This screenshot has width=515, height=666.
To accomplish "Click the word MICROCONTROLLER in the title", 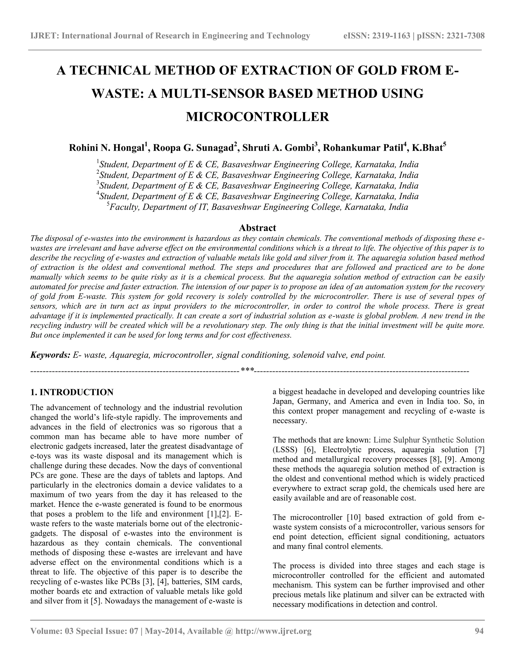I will pyautogui.click(x=257, y=117).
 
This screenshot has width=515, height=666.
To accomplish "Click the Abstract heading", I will pyautogui.click(x=257, y=228).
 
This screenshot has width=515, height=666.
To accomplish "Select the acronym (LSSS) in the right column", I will pyautogui.click(x=286, y=450).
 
